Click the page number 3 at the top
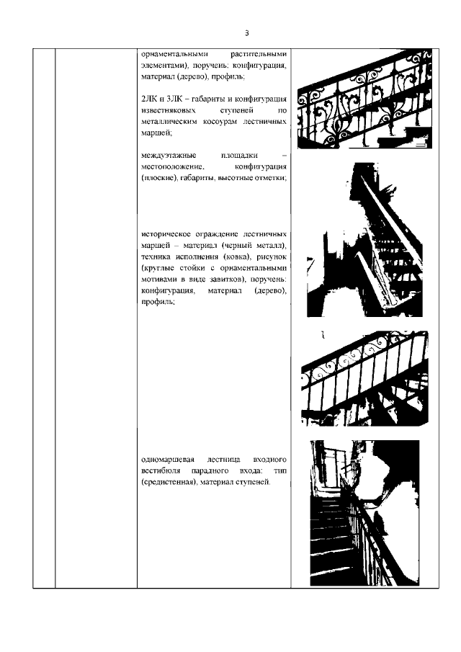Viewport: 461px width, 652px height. [246, 33]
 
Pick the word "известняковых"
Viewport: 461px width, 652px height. [169, 110]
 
